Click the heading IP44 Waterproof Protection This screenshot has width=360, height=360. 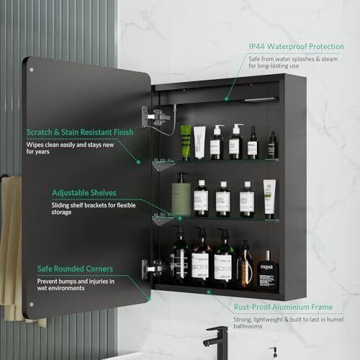click(296, 46)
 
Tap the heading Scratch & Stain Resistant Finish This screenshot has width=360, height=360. click(80, 132)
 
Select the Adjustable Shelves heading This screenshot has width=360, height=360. click(84, 193)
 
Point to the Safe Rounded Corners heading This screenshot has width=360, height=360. click(75, 269)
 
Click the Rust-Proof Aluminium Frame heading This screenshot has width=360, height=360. click(283, 307)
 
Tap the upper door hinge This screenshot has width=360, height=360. click(156, 117)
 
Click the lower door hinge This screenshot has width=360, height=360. click(153, 269)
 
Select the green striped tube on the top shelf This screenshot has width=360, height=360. click(186, 143)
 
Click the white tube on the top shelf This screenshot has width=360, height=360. click(199, 143)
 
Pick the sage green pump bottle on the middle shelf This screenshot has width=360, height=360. click(181, 194)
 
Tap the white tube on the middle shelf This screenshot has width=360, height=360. click(269, 199)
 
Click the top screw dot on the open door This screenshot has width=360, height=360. click(32, 70)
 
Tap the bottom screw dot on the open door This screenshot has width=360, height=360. click(32, 305)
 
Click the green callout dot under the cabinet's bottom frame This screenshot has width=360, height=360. click(209, 292)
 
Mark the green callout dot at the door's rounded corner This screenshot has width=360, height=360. click(149, 299)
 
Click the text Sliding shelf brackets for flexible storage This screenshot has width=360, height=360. click(94, 209)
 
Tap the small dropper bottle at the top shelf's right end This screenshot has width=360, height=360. click(272, 145)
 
